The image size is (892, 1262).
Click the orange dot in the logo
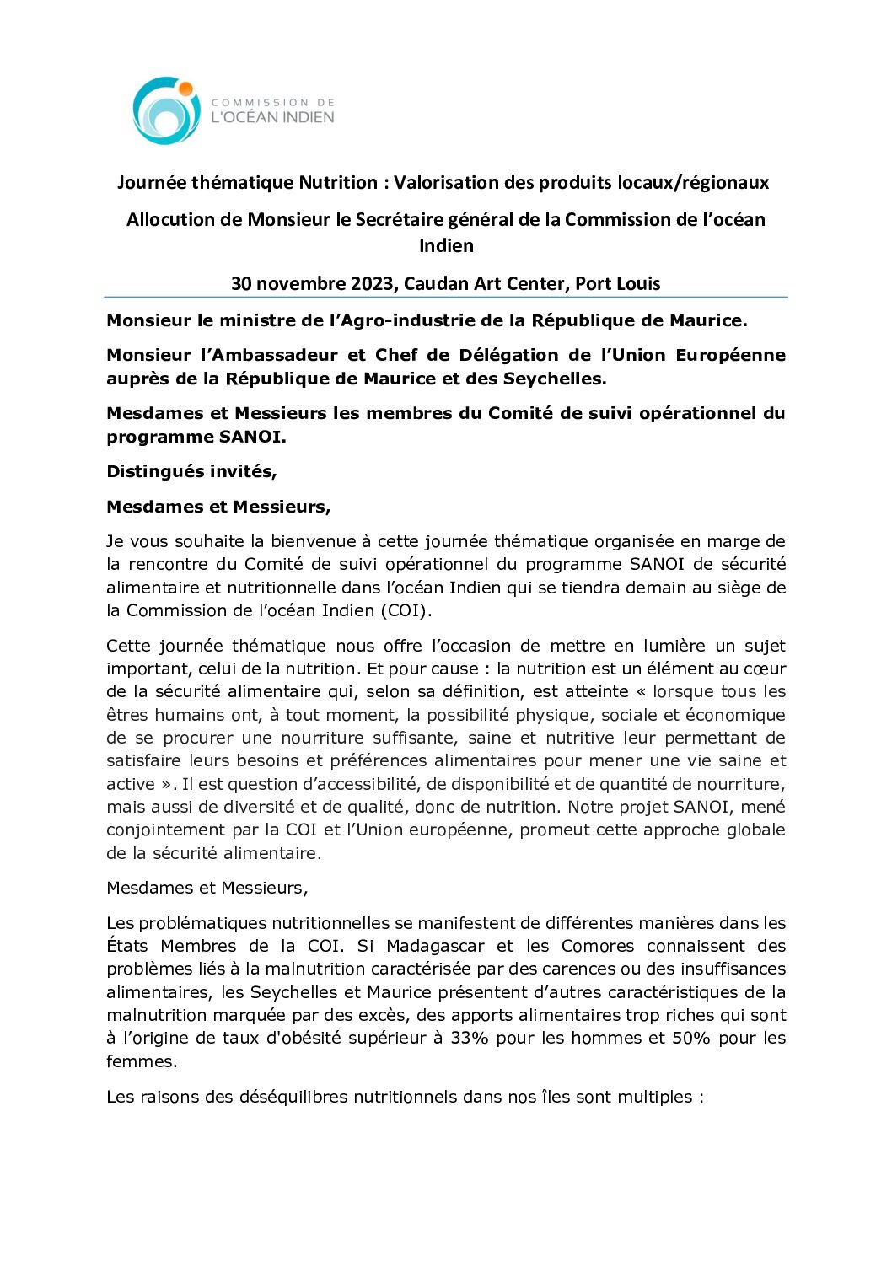tap(185, 89)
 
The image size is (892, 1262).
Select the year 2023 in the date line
tap(372, 284)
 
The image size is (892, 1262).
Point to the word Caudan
tap(436, 284)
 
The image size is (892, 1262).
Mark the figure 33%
tap(470, 1039)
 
